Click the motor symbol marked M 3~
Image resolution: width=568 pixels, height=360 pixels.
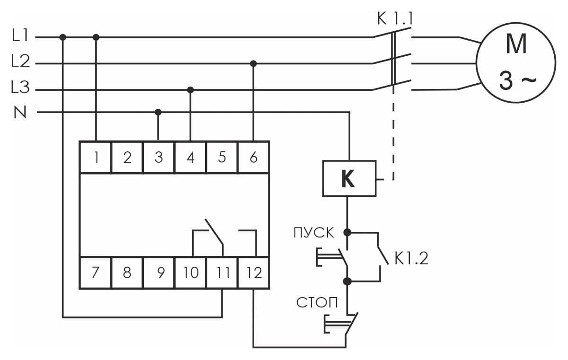(x=516, y=62)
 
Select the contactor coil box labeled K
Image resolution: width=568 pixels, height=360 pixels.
(x=349, y=178)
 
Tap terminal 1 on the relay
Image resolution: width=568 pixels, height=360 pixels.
(x=96, y=158)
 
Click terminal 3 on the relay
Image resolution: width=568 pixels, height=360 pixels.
(x=159, y=158)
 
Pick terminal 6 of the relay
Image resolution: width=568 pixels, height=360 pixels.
(x=254, y=158)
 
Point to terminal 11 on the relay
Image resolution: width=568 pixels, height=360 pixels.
(x=222, y=273)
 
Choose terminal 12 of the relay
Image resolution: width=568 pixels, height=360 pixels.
(x=254, y=273)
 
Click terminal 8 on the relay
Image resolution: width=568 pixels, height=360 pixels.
(x=127, y=273)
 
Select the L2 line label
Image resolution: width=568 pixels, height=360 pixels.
(x=20, y=61)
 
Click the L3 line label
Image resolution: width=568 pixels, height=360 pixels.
(x=20, y=87)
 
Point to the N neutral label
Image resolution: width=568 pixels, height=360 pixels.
(x=20, y=112)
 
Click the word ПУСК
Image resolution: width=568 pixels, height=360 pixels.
(x=314, y=233)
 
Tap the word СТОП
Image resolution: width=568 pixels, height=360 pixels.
(x=317, y=302)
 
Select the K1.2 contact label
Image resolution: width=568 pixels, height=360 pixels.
(x=411, y=258)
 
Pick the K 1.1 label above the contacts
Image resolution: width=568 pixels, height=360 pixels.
(x=395, y=18)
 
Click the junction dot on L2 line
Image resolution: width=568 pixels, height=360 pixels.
(x=253, y=63)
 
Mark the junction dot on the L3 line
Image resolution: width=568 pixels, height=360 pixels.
(x=190, y=90)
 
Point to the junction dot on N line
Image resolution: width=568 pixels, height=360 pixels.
(x=158, y=112)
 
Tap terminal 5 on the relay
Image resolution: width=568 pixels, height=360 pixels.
(x=222, y=158)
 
